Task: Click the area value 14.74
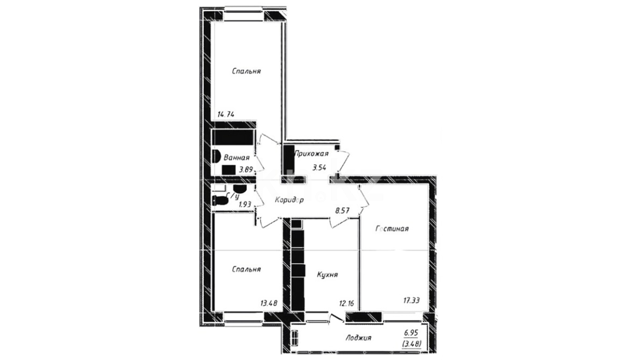[226, 115]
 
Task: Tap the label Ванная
[237, 158]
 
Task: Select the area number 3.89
[246, 170]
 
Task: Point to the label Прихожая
[311, 154]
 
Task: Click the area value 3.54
[319, 167]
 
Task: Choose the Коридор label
[289, 200]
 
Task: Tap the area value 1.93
[245, 204]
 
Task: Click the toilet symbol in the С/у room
[220, 201]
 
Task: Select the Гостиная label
[392, 229]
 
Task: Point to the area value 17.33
[411, 300]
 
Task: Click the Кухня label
[327, 275]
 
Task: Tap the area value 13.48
[269, 303]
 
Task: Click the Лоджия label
[358, 338]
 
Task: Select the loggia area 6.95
[411, 333]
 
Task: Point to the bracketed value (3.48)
[412, 343]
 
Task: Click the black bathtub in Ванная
[233, 137]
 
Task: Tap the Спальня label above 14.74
[246, 71]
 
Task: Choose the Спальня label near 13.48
[246, 269]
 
